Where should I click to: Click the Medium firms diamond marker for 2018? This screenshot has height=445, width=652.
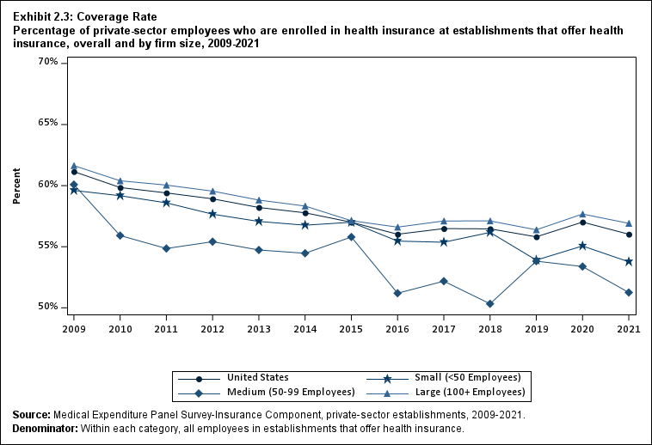pyautogui.click(x=490, y=304)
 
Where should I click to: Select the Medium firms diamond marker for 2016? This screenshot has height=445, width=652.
pyautogui.click(x=397, y=293)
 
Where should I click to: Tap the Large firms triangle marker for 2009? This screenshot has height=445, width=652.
pyautogui.click(x=74, y=166)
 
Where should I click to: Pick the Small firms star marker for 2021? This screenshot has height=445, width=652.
pyautogui.click(x=629, y=261)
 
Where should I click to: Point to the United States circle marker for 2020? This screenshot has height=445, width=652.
pyautogui.click(x=582, y=222)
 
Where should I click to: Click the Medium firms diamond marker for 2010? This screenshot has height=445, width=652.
pyautogui.click(x=120, y=235)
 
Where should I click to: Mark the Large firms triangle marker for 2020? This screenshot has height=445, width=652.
pyautogui.click(x=582, y=214)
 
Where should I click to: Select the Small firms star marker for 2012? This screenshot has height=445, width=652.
pyautogui.click(x=212, y=214)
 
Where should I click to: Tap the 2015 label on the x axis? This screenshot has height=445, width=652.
pyautogui.click(x=351, y=328)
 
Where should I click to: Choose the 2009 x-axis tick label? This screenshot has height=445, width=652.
pyautogui.click(x=74, y=328)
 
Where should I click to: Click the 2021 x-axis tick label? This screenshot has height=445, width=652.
pyautogui.click(x=629, y=328)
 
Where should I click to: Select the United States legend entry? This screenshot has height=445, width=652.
pyautogui.click(x=257, y=377)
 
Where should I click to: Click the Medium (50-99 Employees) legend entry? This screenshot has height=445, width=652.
pyautogui.click(x=291, y=392)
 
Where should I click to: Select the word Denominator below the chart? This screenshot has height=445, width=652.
pyautogui.click(x=45, y=428)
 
